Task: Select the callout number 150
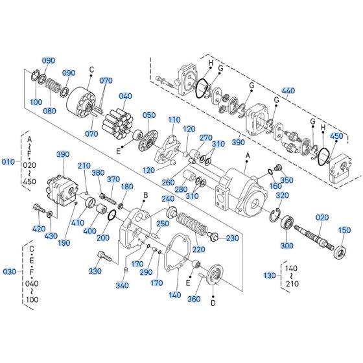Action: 344,230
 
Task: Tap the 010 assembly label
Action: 8,161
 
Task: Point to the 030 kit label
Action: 8,271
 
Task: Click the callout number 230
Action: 233,239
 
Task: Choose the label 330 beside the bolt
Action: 95,270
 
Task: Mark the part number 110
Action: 174,121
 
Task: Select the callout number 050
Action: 149,115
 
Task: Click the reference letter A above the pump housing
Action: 247,156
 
